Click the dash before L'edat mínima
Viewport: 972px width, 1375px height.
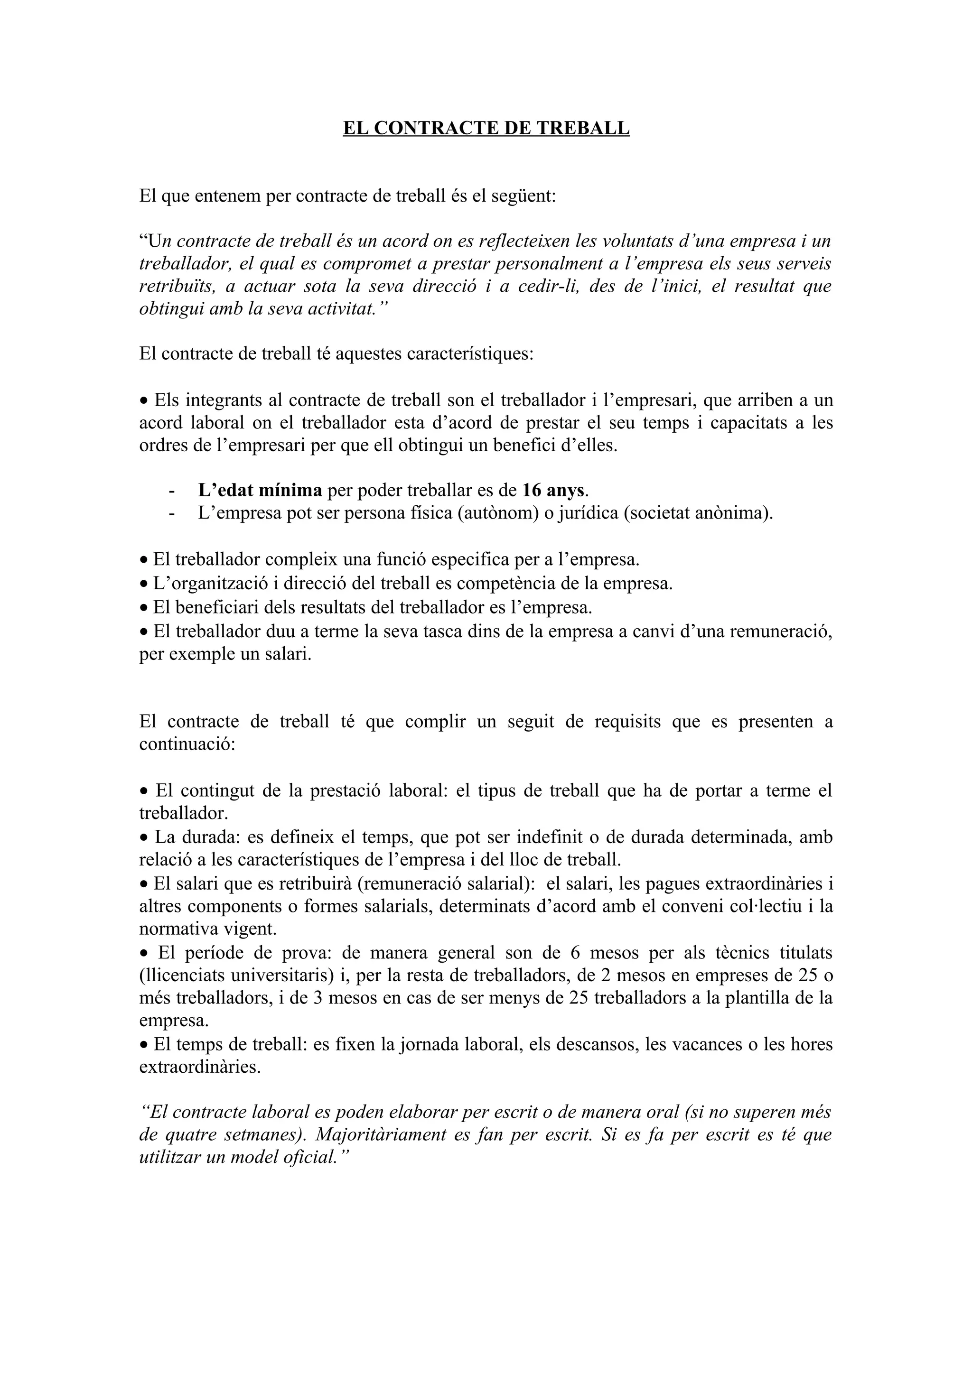click(172, 491)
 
